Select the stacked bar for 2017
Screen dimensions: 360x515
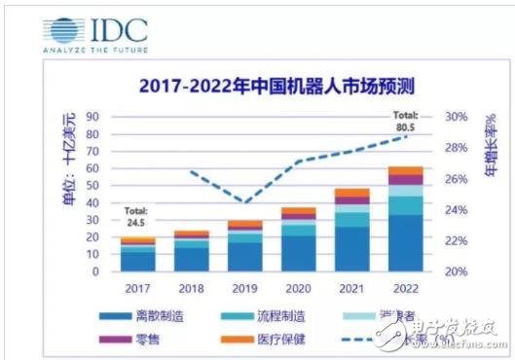[x=138, y=255]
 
